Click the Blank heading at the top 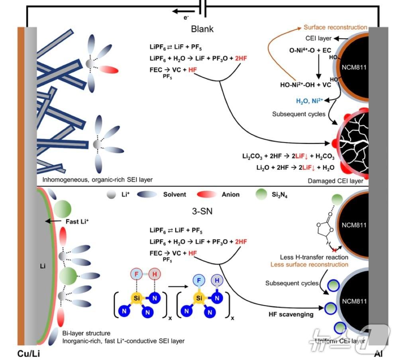(x=202, y=29)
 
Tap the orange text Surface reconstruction (x=335, y=27)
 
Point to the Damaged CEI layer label (x=335, y=181)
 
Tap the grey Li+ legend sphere (x=111, y=194)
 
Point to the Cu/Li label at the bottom (x=29, y=353)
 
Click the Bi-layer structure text (x=86, y=333)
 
